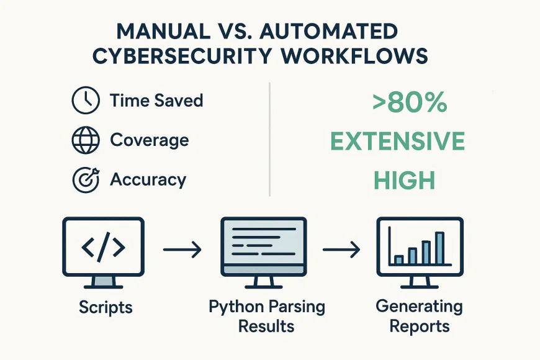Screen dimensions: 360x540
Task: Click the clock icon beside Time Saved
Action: pos(85,101)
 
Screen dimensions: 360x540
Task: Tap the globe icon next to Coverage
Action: pos(85,140)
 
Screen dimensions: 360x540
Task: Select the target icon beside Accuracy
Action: pos(85,180)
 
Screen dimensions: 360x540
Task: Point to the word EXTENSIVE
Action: pos(397,142)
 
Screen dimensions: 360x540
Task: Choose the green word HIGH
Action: pos(404,180)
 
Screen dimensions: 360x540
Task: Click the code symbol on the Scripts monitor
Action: pos(103,248)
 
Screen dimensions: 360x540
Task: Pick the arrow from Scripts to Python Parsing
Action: pos(182,250)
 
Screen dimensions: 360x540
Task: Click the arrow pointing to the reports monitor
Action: pos(341,250)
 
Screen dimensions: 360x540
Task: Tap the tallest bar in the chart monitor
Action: pos(439,248)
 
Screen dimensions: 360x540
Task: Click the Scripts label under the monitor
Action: pos(106,307)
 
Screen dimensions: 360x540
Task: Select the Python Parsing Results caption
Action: pos(267,316)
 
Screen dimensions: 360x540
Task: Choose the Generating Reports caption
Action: pos(419,316)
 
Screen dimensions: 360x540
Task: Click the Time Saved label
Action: pos(156,101)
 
